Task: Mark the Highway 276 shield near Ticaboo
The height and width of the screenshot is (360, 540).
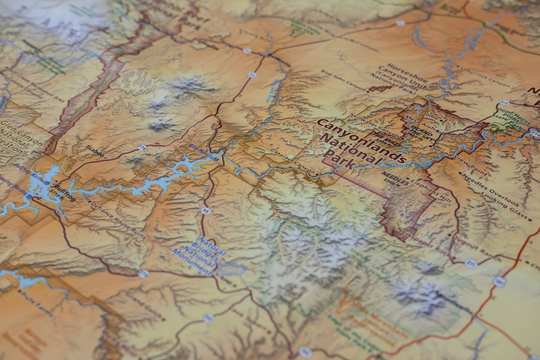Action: pyautogui.click(x=142, y=147)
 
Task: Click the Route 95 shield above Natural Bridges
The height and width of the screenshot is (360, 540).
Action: pyautogui.click(x=206, y=211)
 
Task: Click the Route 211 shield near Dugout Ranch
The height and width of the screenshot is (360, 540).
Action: pyautogui.click(x=470, y=262)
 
